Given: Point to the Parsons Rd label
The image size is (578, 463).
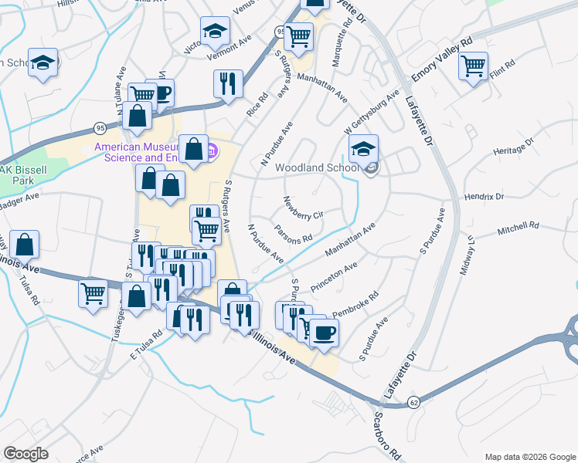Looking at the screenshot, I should (293, 232).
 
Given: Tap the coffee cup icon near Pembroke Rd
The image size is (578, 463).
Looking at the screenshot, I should (325, 331).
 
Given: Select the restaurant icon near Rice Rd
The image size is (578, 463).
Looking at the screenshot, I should (228, 83).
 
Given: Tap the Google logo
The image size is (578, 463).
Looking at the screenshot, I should (26, 454).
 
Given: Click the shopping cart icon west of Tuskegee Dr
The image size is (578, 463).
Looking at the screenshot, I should (93, 292).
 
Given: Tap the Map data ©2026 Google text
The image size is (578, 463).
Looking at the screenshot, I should (529, 456).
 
